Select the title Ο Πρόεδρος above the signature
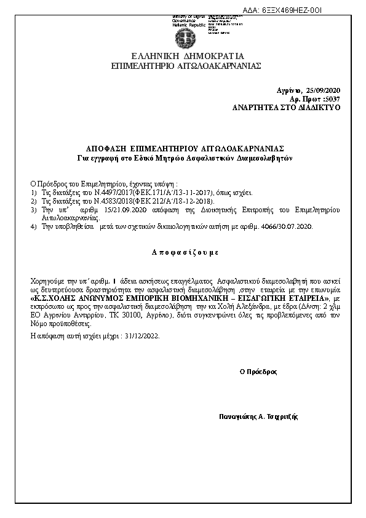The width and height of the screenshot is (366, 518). click(x=258, y=372)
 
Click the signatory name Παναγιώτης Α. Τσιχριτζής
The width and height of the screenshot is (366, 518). click(x=258, y=416)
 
